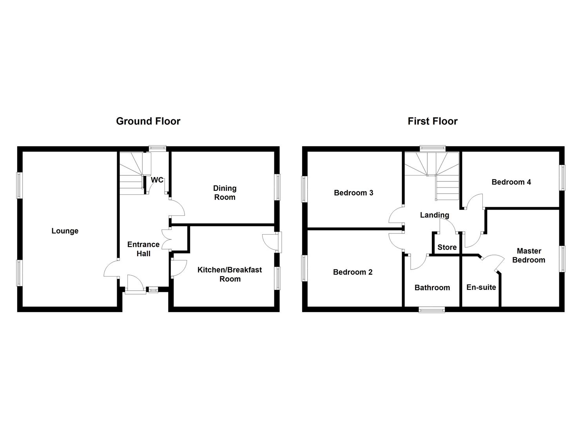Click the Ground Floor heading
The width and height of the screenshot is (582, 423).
(x=148, y=121)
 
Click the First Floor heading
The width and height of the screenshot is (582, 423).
(x=432, y=121)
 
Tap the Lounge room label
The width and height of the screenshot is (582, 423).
(x=65, y=231)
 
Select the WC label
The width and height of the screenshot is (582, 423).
(x=157, y=180)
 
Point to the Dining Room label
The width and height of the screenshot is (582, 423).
(x=225, y=193)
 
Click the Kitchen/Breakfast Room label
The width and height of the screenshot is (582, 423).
(x=230, y=274)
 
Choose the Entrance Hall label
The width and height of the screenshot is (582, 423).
(x=143, y=249)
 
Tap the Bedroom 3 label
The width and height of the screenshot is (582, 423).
(x=354, y=193)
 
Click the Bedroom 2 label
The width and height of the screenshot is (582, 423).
(x=353, y=272)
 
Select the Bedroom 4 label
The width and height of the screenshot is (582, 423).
(x=511, y=182)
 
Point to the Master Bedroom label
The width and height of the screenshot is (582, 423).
(x=529, y=255)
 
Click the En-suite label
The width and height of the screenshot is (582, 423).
(x=481, y=287)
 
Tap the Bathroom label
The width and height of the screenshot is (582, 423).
(x=432, y=288)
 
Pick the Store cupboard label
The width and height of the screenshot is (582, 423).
(x=447, y=247)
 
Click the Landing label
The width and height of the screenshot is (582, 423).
(x=434, y=215)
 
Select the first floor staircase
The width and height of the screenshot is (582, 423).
(x=433, y=172)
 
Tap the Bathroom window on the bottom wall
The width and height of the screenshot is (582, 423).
(x=432, y=309)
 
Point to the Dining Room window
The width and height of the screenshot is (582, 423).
(x=277, y=187)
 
